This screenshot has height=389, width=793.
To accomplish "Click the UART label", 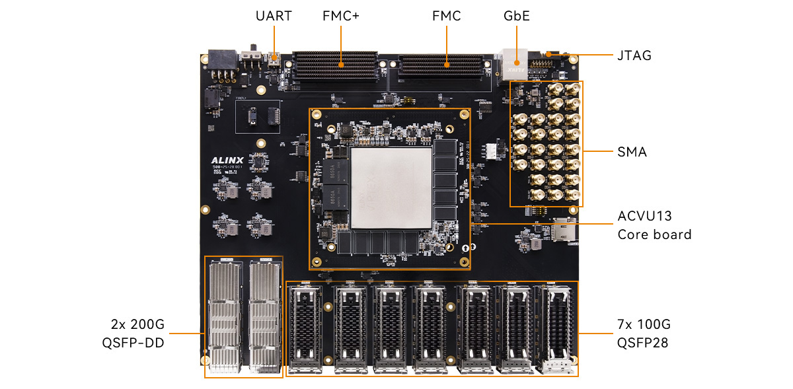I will pos(274,16).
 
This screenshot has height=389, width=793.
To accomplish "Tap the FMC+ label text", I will pos(341,16).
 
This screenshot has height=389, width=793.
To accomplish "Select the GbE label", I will pos(517,16).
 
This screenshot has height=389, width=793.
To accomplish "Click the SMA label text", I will pos(631,153).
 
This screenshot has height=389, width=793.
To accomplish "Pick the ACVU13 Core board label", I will pos(654,225).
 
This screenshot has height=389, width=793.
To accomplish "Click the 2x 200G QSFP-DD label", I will pos(137,334).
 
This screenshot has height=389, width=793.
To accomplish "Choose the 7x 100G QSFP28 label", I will pos(644,334).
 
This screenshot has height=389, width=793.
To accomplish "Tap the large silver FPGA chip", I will pos(391,188).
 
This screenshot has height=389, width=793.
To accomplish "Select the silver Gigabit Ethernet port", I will pos(513,63).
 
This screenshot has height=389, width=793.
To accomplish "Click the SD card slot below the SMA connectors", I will pos(562,230).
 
